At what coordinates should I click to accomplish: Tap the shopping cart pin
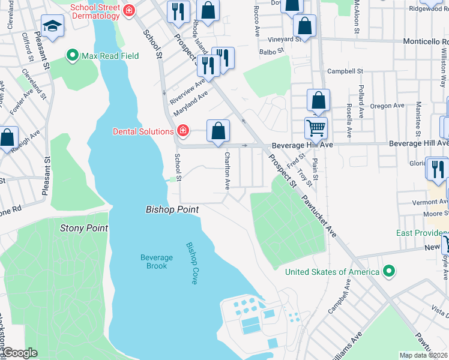pyautogui.click(x=316, y=127)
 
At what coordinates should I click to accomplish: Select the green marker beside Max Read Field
pyautogui.click(x=73, y=56)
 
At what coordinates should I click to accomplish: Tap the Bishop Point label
pyautogui.click(x=172, y=209)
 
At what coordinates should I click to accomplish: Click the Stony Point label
pyautogui.click(x=84, y=228)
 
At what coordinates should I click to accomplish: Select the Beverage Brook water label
pyautogui.click(x=156, y=262)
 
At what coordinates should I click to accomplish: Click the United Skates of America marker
pyautogui.click(x=389, y=272)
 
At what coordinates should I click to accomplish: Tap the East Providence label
pyautogui.click(x=421, y=233)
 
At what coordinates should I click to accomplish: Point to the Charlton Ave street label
pyautogui.click(x=228, y=170)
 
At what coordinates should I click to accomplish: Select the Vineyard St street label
pyautogui.click(x=285, y=40)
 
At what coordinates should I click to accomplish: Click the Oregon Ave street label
pyautogui.click(x=387, y=106)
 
